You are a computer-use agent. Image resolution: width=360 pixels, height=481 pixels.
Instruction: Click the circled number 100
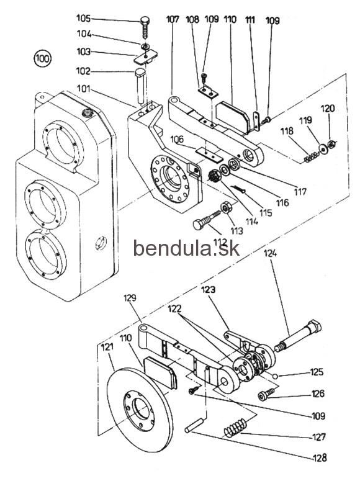(42, 58)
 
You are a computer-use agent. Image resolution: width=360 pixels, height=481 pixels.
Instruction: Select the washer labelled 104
(145, 47)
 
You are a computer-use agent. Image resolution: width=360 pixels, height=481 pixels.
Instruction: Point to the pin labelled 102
(141, 86)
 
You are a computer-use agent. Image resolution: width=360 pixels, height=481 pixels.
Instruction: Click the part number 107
(173, 19)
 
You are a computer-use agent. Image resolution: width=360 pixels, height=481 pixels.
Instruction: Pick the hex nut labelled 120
(331, 143)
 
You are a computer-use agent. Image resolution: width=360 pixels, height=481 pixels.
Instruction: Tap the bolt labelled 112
(207, 220)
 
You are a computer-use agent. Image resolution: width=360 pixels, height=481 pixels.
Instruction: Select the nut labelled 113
(226, 208)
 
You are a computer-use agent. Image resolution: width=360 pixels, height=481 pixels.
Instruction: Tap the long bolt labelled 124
(298, 336)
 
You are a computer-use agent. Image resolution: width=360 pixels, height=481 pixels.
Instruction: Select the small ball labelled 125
(276, 376)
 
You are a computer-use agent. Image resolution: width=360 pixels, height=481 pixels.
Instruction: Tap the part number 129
(130, 298)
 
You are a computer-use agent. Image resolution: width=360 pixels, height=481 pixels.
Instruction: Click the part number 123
(209, 289)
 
